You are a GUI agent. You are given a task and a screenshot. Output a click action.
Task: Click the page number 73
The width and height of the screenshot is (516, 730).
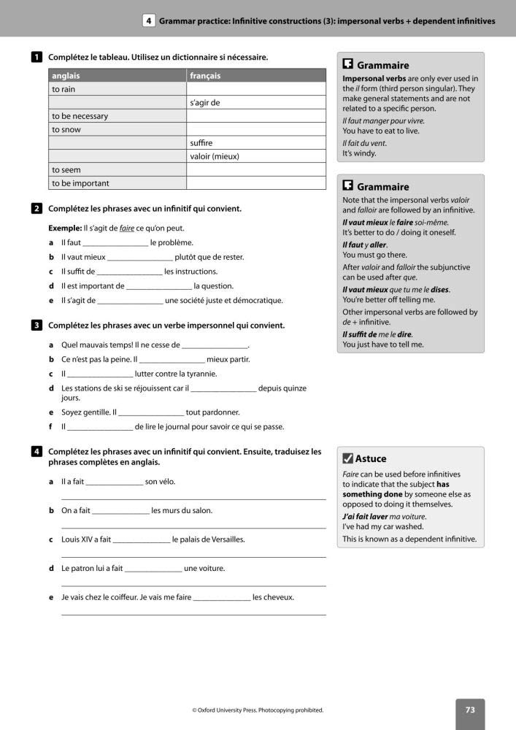470,710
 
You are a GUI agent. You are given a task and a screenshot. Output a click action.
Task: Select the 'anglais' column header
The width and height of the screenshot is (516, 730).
66,76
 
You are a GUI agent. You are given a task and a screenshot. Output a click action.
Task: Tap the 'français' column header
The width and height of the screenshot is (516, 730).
205,76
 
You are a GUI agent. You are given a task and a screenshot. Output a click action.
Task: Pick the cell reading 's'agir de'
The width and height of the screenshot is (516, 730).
204,103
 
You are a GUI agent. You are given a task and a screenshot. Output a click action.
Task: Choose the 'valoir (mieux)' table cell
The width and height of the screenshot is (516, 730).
215,156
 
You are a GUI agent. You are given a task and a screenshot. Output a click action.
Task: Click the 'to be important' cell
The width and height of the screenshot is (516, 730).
80,183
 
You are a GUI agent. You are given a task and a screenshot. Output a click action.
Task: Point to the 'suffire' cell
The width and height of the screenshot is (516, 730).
201,143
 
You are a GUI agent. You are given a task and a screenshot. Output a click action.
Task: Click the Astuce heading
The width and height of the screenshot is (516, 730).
371,459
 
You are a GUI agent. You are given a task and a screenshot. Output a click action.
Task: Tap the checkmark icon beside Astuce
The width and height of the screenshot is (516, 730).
347,459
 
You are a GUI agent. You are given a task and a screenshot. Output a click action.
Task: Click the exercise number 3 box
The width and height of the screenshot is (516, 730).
36,326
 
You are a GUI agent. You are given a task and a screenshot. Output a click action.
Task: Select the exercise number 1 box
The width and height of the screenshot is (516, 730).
36,57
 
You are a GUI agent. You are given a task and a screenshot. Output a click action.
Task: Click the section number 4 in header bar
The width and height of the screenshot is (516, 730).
149,21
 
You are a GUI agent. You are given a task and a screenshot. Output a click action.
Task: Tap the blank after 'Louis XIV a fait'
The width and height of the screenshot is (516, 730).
142,540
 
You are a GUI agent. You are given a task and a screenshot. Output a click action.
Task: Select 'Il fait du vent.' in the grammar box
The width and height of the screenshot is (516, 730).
364,143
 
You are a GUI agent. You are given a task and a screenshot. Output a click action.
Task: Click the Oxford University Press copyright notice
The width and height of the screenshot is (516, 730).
258,710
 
